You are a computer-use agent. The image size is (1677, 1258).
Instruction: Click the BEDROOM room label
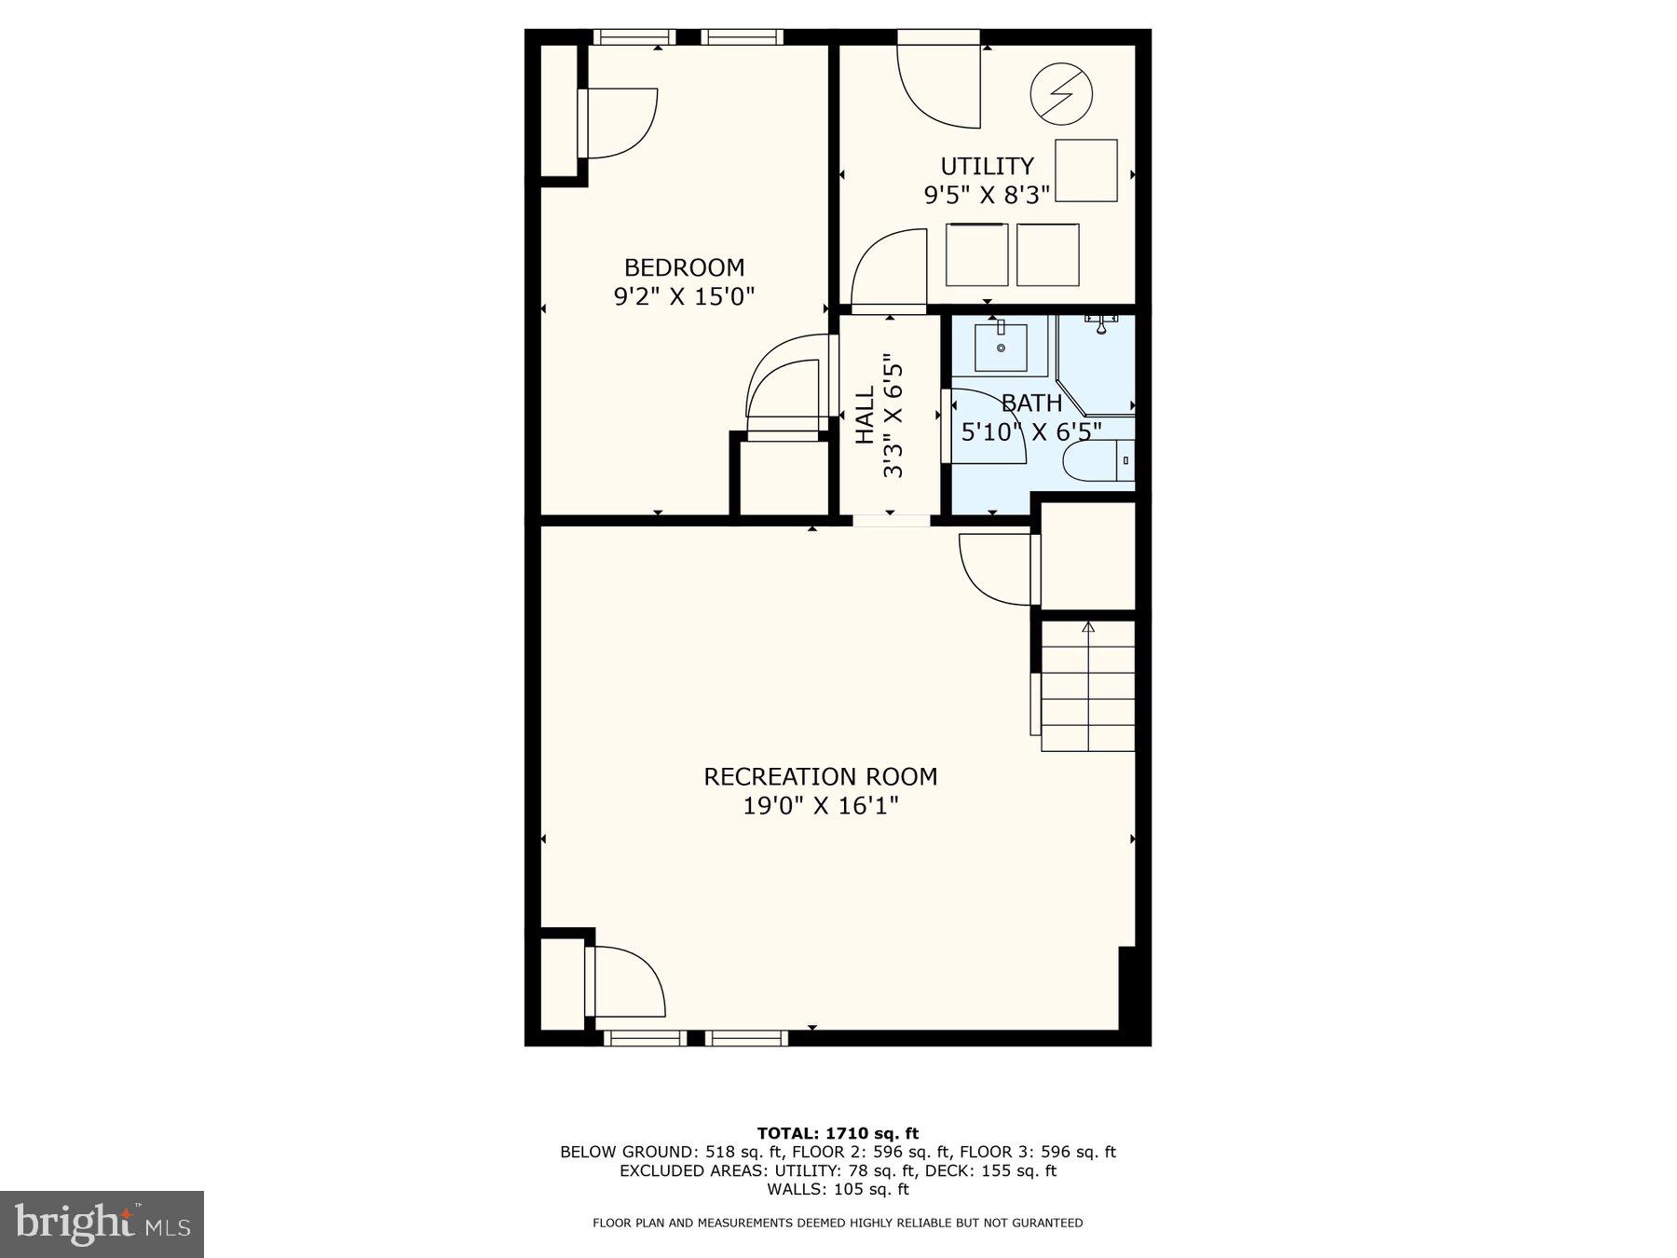click(684, 267)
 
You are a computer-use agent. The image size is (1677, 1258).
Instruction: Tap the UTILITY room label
click(987, 166)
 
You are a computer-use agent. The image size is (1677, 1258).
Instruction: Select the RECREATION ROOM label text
click(820, 776)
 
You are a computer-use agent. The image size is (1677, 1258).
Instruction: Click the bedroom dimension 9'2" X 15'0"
click(684, 296)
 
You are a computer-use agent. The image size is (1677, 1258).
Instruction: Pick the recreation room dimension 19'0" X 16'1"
click(820, 805)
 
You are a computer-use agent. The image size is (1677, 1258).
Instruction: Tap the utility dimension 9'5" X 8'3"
click(987, 195)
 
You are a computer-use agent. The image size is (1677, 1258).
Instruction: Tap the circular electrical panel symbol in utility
click(1061, 93)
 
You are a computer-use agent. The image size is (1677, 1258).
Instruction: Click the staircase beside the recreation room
click(1087, 686)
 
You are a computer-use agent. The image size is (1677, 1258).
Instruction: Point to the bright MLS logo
click(102, 1224)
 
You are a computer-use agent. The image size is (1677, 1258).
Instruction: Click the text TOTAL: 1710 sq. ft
click(838, 1133)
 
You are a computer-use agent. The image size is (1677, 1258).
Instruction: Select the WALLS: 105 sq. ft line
click(838, 1189)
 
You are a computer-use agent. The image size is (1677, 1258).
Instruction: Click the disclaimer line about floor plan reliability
click(838, 1223)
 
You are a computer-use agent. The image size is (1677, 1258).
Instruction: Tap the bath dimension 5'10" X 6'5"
click(1031, 432)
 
